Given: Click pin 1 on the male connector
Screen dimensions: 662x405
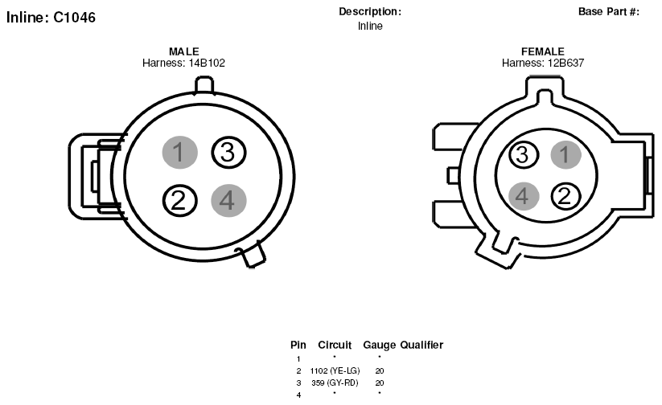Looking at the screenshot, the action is (x=180, y=152).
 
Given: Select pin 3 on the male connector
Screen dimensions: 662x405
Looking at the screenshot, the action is (x=228, y=152).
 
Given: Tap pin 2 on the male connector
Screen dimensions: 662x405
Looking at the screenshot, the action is (x=180, y=200).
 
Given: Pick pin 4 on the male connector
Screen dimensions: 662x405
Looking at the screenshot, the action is (x=228, y=200).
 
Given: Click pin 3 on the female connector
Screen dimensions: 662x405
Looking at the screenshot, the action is (x=524, y=154).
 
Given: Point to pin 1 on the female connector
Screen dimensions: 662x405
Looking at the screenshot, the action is (x=565, y=154).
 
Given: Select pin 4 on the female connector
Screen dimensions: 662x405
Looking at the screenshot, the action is (x=524, y=196).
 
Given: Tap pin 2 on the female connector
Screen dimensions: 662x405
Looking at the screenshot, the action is (x=565, y=196).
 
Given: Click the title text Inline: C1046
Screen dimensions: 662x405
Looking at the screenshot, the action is (x=51, y=18).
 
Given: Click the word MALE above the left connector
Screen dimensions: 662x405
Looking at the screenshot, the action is (x=183, y=51).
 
